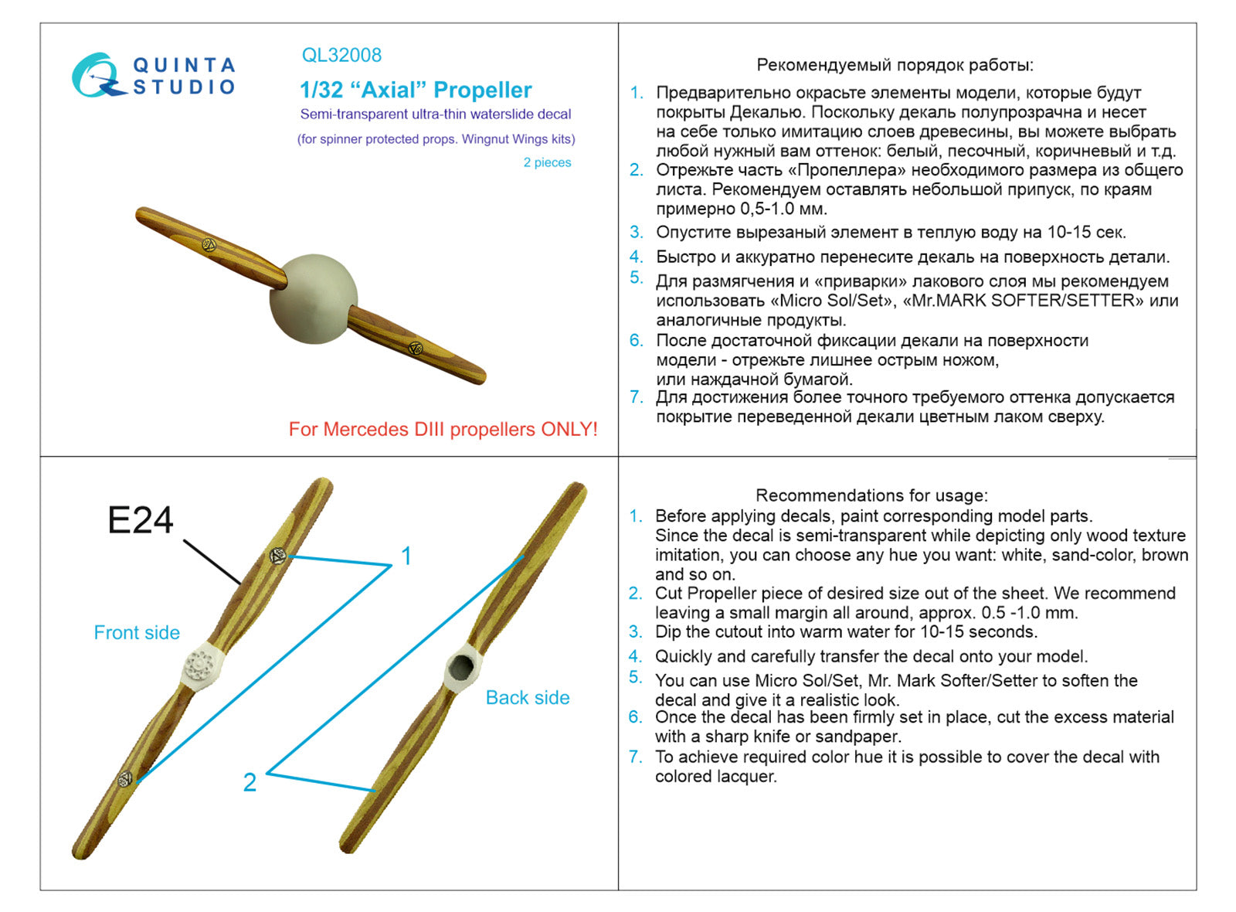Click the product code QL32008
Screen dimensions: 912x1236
pos(341,56)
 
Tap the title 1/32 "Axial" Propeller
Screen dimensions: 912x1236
pos(416,90)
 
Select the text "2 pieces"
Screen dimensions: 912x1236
pos(547,162)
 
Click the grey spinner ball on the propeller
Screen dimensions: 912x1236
pos(314,299)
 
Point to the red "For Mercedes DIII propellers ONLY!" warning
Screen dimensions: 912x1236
pos(443,430)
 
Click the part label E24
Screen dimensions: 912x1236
pos(141,520)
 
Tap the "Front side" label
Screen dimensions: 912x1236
pos(137,633)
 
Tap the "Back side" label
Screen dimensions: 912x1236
pos(528,698)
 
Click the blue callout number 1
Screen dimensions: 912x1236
pos(406,556)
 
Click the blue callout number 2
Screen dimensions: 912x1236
pos(250,782)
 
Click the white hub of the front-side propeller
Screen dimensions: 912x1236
pos(203,665)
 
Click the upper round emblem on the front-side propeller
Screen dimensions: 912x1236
pos(278,556)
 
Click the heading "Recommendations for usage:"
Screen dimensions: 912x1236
pos(871,495)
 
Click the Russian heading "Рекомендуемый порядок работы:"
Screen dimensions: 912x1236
pos(895,65)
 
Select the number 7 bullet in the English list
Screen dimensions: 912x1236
pos(635,757)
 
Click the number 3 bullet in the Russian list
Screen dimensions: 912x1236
pos(636,232)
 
